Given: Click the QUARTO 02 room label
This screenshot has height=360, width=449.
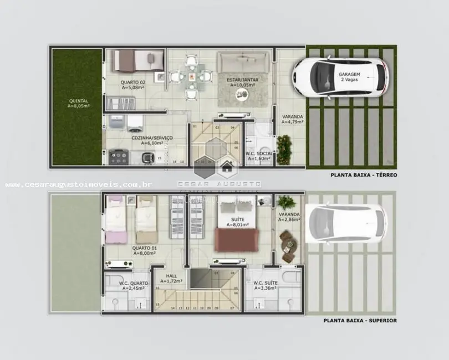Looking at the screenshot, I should pos(132,82).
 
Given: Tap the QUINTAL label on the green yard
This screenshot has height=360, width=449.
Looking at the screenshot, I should pos(78,101).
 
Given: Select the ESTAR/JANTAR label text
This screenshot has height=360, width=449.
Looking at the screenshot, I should pos(242,80).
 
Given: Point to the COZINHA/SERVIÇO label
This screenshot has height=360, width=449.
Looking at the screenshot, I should pos(151,137).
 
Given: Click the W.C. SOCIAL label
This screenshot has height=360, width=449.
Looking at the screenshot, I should pos(259,153).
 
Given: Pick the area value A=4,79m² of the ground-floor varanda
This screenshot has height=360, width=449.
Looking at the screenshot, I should pos(292,122).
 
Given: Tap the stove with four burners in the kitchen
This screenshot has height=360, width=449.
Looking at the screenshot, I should pos(119,157).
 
